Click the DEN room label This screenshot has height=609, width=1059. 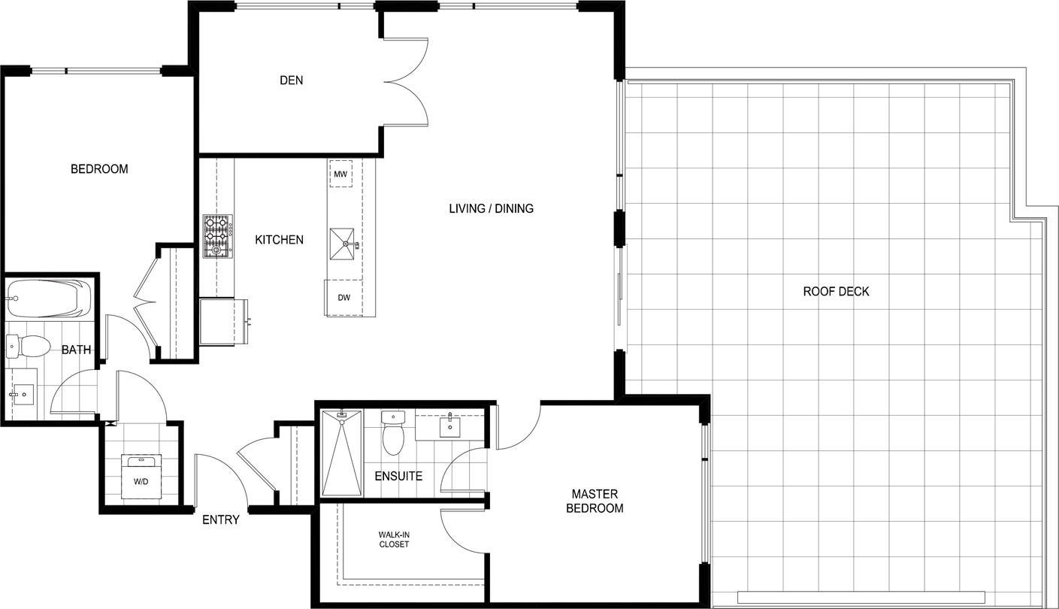coord(291,80)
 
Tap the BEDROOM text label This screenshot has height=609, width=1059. coord(99,169)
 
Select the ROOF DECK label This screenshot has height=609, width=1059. coord(836,291)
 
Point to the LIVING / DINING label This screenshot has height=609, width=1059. coord(492,208)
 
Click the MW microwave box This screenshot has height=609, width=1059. coord(341,174)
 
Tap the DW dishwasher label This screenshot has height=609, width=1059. coord(344,298)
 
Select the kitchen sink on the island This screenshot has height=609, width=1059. coord(342,244)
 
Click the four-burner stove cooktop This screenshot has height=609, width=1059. coord(218,236)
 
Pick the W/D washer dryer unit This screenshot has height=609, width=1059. coord(141,477)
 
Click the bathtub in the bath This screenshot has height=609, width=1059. coord(49,298)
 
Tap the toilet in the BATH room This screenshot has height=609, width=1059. coord(29,346)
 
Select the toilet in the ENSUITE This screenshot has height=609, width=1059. coord(393,432)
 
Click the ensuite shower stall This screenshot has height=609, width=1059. coord(342,453)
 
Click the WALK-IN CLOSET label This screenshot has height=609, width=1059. coord(394,540)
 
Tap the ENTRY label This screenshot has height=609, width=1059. coord(221,520)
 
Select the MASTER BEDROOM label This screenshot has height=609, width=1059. coord(595,501)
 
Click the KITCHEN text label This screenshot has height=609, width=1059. coord(280,240)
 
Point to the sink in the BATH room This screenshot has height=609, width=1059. coord(22,393)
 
